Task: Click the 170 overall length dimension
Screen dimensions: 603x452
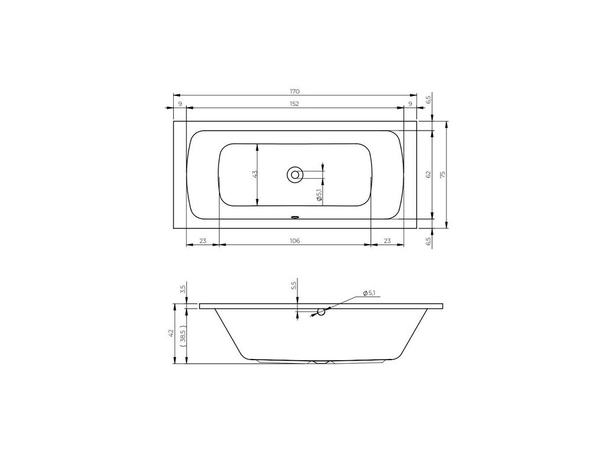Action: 294,91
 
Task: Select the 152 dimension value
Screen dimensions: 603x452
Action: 294,104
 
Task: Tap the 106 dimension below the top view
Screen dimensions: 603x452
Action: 294,241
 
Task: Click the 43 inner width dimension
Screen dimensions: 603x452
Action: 254,174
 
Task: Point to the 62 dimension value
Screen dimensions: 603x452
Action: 429,175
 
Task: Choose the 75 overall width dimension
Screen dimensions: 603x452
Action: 443,175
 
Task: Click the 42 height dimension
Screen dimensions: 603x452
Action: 171,333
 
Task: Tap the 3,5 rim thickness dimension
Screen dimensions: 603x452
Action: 183,288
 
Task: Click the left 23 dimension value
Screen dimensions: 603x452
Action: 203,241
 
